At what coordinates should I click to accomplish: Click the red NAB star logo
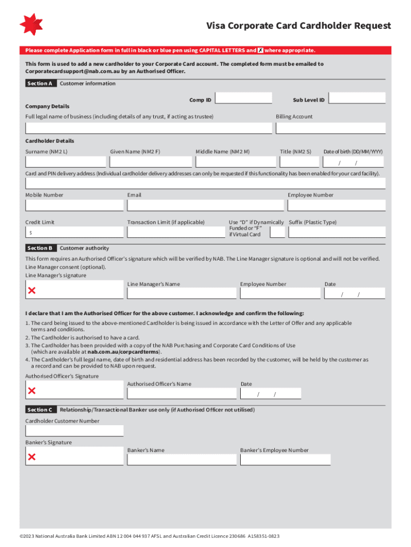[31, 25]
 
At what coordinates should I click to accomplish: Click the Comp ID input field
[244, 98]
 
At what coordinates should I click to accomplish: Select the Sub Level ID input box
[357, 98]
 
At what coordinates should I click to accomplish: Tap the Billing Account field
[330, 128]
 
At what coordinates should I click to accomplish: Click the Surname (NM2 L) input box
[66, 162]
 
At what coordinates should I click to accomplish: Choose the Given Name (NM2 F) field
[151, 162]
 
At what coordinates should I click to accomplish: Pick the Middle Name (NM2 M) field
[236, 162]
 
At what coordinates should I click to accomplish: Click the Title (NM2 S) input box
[299, 162]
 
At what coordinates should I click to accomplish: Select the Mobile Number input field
[74, 206]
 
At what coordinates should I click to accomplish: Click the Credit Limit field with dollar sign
[74, 232]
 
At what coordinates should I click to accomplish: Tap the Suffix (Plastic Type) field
[336, 232]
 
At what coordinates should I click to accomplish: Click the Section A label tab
[40, 84]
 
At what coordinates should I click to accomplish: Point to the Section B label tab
[40, 248]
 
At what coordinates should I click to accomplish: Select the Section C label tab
[40, 410]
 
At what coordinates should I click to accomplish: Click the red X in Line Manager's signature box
[32, 291]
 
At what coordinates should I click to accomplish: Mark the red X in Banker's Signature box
[32, 457]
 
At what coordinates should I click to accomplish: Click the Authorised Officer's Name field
[181, 394]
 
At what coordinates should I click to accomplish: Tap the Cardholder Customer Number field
[74, 431]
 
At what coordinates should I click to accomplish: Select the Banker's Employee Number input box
[285, 459]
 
